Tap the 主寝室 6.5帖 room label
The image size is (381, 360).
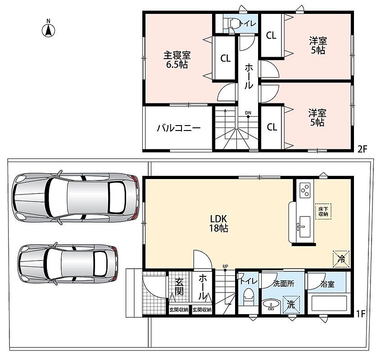tap(177, 60)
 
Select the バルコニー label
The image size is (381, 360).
tap(179, 128)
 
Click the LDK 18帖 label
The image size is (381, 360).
tap(218, 224)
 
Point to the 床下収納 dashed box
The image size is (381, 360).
tap(323, 211)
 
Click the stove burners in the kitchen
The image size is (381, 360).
tap(305, 190)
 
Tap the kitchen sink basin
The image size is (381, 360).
tap(304, 227)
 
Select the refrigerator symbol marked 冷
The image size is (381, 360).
tap(341, 259)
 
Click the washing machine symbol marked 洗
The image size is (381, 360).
tap(291, 304)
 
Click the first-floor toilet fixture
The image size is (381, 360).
tap(248, 297)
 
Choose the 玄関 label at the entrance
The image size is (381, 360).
tap(179, 287)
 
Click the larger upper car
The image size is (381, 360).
tap(75, 198)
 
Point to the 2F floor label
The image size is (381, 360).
tap(362, 149)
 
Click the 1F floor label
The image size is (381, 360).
tap(361, 314)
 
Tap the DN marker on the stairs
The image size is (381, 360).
tap(248, 113)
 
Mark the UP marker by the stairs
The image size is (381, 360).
tap(225, 266)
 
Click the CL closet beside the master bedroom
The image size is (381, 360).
tap(225, 58)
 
